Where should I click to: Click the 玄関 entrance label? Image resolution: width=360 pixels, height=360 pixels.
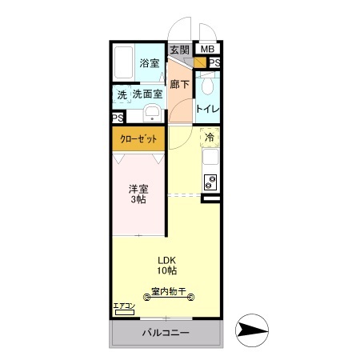click(179, 50)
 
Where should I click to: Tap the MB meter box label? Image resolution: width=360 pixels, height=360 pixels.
click(207, 50)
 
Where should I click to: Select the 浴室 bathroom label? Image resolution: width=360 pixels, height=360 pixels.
click(148, 63)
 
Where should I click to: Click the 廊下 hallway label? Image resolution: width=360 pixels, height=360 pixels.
click(179, 83)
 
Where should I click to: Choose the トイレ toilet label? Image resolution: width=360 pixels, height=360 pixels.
click(209, 108)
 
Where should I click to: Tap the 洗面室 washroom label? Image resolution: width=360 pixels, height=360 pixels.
click(148, 94)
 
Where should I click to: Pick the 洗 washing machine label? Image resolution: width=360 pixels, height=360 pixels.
click(122, 94)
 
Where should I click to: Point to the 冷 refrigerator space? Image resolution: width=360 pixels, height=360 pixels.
click(210, 138)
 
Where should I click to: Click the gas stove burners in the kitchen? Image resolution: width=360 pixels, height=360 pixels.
click(210, 182)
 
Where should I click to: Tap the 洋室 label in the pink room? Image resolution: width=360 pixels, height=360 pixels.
click(138, 189)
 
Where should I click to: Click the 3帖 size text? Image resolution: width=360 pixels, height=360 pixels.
click(138, 201)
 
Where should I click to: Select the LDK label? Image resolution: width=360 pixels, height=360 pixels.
click(166, 260)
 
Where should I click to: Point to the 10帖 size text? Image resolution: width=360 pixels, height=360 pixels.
click(166, 272)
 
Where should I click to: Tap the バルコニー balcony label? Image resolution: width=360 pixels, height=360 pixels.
click(166, 332)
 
